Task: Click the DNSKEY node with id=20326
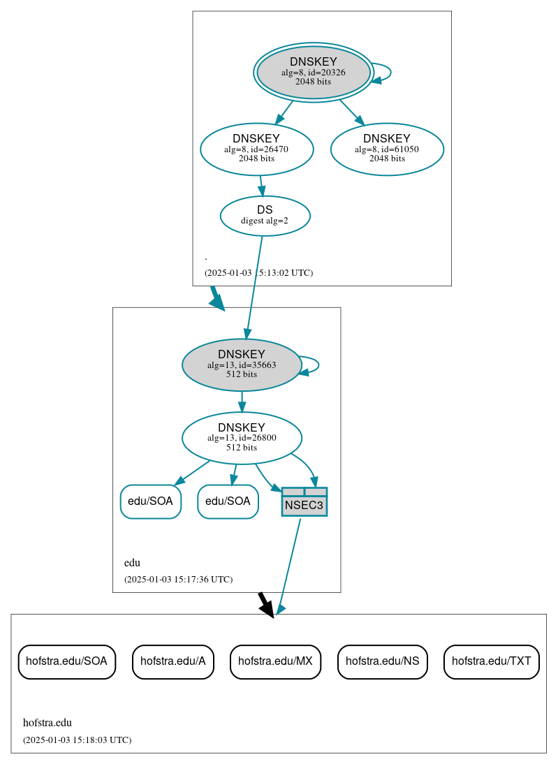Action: [x=314, y=72]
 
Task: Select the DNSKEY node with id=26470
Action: [x=256, y=149]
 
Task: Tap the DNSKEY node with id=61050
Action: [x=387, y=149]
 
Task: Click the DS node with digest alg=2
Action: [x=265, y=216]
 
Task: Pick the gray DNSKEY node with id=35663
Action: [x=241, y=365]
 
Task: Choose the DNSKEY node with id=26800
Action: [x=242, y=438]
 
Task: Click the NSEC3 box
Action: [x=304, y=502]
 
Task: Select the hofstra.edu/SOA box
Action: [x=66, y=661]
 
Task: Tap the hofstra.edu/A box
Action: [x=172, y=661]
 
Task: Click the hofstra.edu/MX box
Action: [x=275, y=661]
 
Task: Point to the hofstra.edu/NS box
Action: [x=382, y=661]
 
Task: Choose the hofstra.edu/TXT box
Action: [x=491, y=661]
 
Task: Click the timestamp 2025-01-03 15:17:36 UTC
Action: [x=178, y=579]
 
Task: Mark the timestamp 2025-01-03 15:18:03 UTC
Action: [x=77, y=740]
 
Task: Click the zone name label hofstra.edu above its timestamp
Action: [x=47, y=723]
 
